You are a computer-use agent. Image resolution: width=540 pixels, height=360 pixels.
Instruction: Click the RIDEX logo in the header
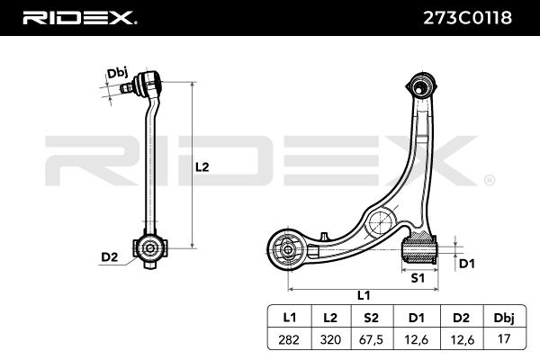79,17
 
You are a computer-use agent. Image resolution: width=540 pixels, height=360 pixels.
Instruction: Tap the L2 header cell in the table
329,318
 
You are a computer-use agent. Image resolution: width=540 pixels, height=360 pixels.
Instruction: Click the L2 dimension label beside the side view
202,166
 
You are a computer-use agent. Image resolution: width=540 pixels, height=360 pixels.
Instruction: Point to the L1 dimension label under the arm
364,294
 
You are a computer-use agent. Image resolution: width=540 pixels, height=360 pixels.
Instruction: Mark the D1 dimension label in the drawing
467,264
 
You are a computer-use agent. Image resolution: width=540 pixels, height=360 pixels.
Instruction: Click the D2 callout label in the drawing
109,257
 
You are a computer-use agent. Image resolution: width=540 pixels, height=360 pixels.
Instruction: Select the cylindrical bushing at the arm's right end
418,247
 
